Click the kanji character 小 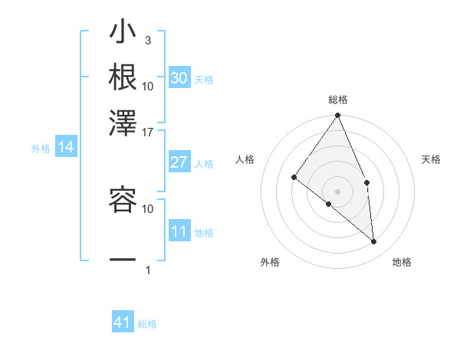123,35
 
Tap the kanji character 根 123,77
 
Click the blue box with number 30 179,77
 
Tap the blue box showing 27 179,162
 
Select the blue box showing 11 179,231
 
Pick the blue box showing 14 65,148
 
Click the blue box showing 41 123,322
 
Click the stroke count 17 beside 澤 148,132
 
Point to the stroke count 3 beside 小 148,41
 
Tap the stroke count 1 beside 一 148,270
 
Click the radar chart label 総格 338,100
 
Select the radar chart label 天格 432,159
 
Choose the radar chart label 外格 269,263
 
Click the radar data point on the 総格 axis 338,116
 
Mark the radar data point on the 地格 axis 374,241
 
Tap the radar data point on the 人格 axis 294,178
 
